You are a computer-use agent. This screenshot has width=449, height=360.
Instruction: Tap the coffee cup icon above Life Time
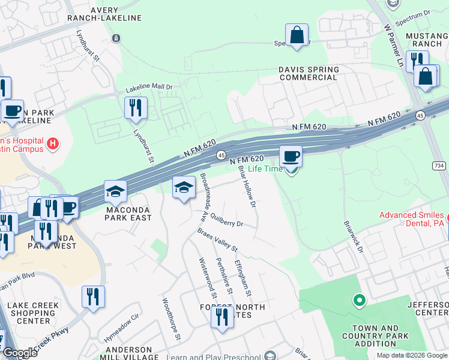click(291, 157)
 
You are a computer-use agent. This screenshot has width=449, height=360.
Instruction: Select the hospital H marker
click(53, 144)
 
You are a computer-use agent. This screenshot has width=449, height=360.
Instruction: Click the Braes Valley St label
click(218, 239)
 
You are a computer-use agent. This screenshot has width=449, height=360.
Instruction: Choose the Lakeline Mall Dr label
click(149, 88)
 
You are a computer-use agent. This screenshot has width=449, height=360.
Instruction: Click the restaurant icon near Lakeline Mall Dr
click(136, 108)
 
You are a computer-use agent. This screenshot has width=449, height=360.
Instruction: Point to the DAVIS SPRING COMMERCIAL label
click(309, 74)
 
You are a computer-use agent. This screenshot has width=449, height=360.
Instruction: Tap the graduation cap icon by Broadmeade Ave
click(184, 188)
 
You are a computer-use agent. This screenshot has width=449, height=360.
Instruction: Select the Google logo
click(20, 353)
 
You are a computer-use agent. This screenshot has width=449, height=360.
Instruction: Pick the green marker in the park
click(359, 299)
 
